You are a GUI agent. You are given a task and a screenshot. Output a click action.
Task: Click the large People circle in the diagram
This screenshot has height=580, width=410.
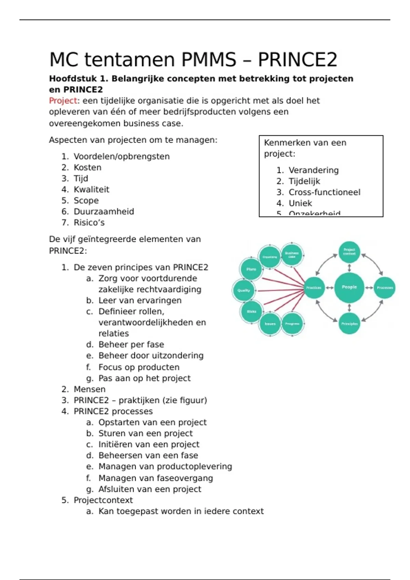tap(349, 287)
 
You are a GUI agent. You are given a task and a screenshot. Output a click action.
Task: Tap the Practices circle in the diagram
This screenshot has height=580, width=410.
tap(314, 288)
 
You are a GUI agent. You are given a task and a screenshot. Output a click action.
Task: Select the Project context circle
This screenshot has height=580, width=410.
tap(349, 252)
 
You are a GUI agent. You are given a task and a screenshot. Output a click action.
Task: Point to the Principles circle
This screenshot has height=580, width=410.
tap(349, 323)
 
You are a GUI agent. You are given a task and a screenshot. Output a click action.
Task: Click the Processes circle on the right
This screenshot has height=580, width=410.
tap(385, 288)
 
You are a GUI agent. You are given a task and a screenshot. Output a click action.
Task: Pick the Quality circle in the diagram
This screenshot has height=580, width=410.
tap(244, 290)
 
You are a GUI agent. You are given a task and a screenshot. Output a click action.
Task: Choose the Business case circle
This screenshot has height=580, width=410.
tap(292, 255)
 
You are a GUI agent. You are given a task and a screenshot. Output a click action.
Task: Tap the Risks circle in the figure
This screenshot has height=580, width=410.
tap(251, 311)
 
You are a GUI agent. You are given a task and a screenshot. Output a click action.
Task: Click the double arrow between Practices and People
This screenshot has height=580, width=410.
tap(330, 288)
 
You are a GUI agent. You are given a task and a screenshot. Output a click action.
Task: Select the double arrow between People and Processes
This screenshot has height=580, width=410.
tap(369, 288)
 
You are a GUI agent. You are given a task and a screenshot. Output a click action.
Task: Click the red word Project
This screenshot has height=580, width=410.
tap(63, 101)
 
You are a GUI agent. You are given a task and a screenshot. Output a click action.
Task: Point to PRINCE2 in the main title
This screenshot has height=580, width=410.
tap(297, 59)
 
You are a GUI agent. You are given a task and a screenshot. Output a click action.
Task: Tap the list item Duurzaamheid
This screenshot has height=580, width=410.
tap(104, 212)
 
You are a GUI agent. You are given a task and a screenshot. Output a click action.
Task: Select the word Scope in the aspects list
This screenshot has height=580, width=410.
tap(86, 201)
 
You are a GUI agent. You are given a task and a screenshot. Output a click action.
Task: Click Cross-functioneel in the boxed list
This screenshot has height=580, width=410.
tap(324, 192)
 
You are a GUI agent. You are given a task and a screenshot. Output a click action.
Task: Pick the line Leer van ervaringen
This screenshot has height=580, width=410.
tap(140, 301)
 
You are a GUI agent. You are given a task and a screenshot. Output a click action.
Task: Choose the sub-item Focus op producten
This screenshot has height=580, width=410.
tap(139, 367)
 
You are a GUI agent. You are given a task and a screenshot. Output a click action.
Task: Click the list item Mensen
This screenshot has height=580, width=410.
tap(90, 389)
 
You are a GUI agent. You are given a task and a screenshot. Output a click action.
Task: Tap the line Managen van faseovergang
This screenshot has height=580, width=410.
tap(155, 478)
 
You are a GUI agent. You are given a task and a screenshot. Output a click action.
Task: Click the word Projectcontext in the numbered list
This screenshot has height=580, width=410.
tap(103, 500)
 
